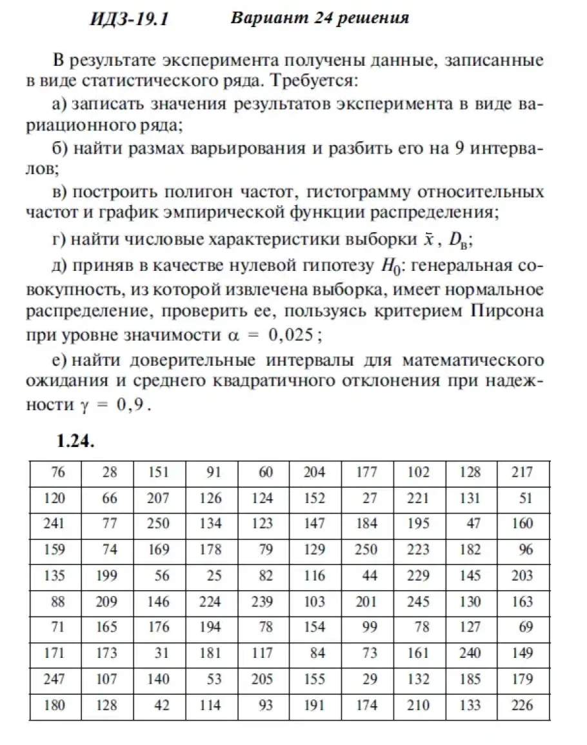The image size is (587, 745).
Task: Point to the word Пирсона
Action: (507, 310)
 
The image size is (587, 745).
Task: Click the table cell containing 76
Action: (57, 473)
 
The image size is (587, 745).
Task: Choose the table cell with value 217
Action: (522, 473)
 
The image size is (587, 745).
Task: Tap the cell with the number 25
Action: (214, 576)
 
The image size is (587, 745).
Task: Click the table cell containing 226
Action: (522, 706)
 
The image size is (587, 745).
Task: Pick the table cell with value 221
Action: (418, 499)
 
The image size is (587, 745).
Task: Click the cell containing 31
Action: (161, 653)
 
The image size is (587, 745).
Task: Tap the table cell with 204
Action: (314, 473)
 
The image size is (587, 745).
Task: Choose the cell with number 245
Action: (418, 602)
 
